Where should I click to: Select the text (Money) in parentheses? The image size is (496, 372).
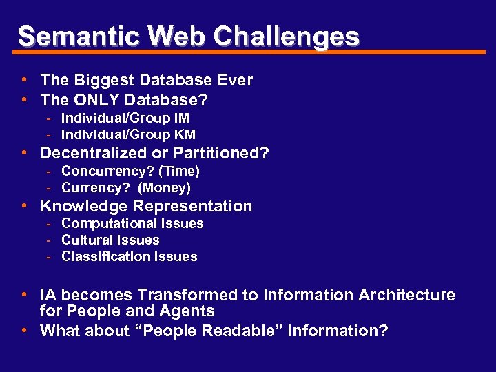pyautogui.click(x=165, y=187)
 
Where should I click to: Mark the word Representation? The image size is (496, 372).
pyautogui.click(x=193, y=206)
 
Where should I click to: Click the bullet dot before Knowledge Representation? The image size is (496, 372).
pyautogui.click(x=24, y=205)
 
